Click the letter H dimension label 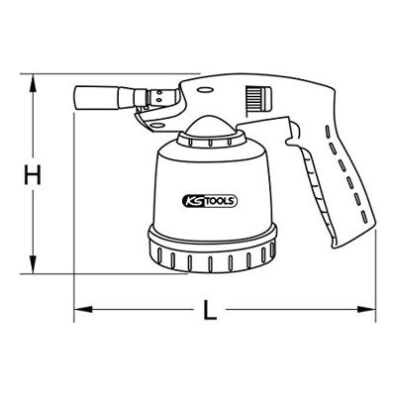pyautogui.click(x=33, y=177)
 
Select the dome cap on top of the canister pyautogui.click(x=210, y=127)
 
